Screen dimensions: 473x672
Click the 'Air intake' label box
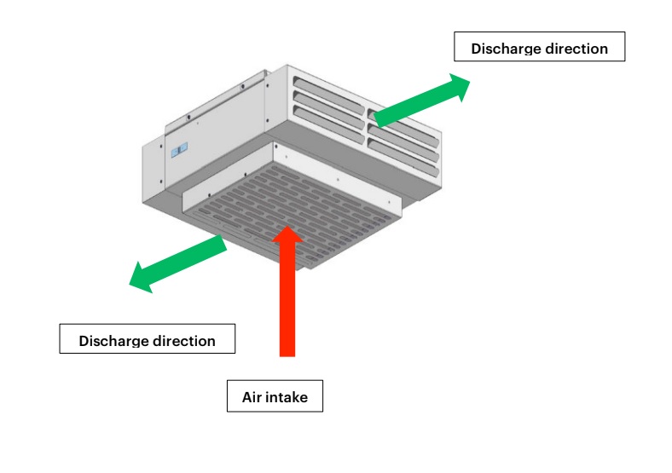coord(275,396)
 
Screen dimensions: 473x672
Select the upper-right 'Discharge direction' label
coord(539,47)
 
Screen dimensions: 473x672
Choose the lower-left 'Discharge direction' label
coord(147,339)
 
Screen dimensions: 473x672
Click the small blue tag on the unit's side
coord(177,151)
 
